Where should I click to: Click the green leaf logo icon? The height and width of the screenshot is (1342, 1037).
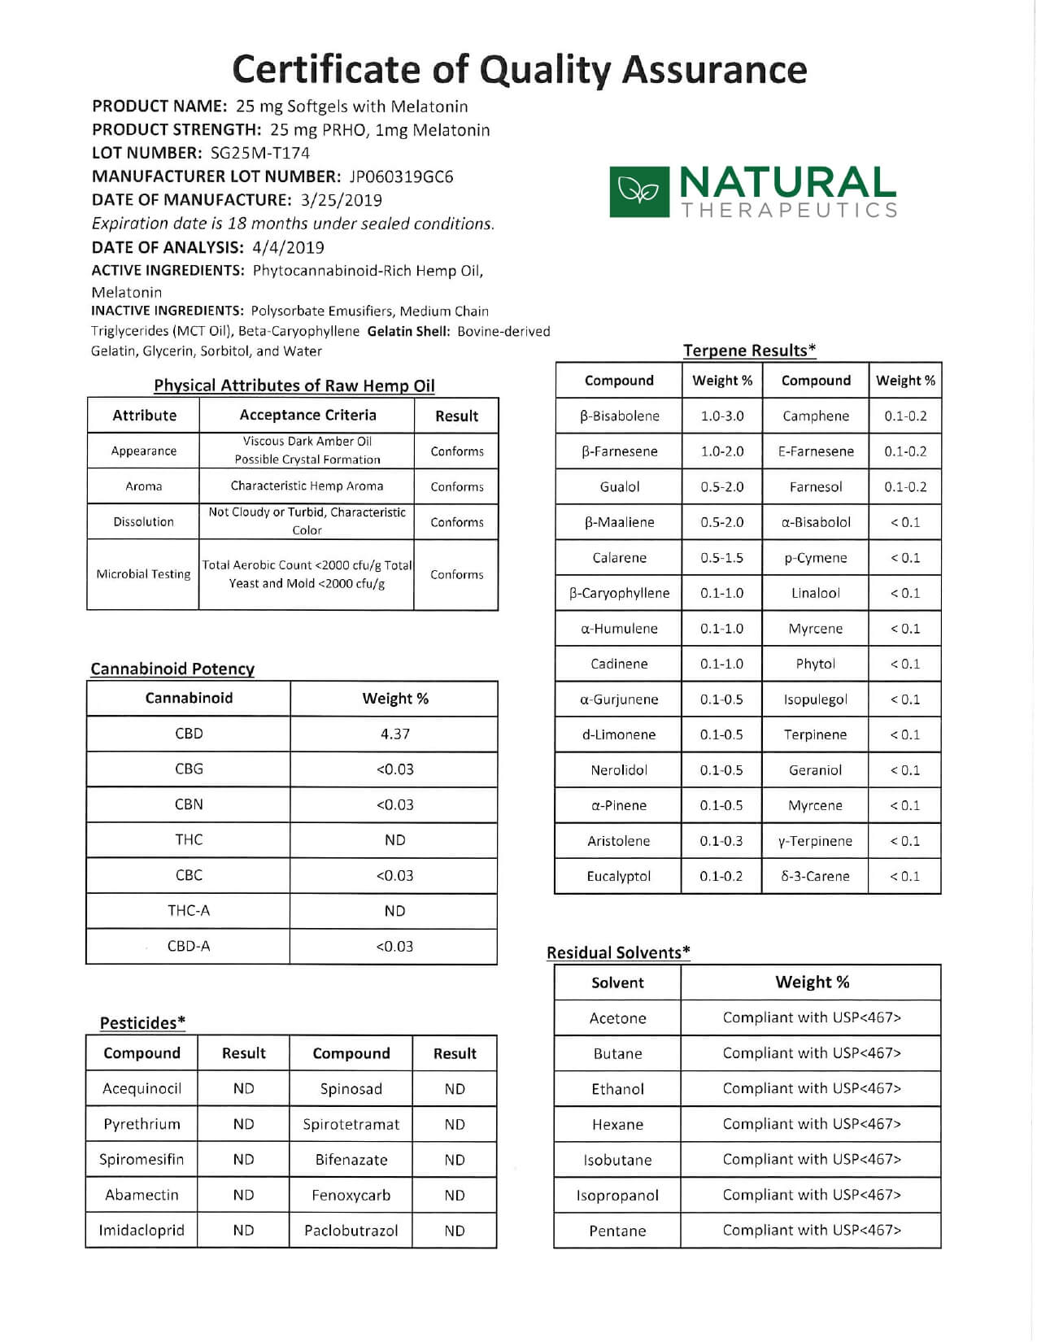(639, 192)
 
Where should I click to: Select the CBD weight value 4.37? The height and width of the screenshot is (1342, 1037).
(394, 734)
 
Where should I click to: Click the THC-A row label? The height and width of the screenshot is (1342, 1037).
(189, 911)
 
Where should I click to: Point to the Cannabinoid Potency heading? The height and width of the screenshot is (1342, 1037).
(172, 669)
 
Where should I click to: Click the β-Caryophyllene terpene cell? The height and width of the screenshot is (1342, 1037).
(619, 593)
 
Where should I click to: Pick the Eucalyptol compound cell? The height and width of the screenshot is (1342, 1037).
(618, 876)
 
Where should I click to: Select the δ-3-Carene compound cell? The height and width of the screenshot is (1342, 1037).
(815, 876)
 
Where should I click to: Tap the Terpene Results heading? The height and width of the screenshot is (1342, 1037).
(749, 351)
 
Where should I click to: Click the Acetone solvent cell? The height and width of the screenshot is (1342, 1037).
(617, 1018)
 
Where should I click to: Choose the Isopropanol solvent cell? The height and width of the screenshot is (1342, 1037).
(617, 1196)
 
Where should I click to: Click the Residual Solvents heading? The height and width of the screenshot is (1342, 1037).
(618, 952)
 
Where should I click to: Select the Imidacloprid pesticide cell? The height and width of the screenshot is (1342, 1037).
(142, 1231)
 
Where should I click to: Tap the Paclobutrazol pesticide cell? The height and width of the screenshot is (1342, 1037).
(351, 1231)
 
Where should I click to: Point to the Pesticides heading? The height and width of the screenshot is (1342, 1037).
(142, 1023)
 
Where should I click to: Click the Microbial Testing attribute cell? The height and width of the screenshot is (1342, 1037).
(143, 574)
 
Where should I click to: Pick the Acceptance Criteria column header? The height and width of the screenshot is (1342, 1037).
(307, 415)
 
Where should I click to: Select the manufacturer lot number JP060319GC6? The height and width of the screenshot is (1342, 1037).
(401, 176)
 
